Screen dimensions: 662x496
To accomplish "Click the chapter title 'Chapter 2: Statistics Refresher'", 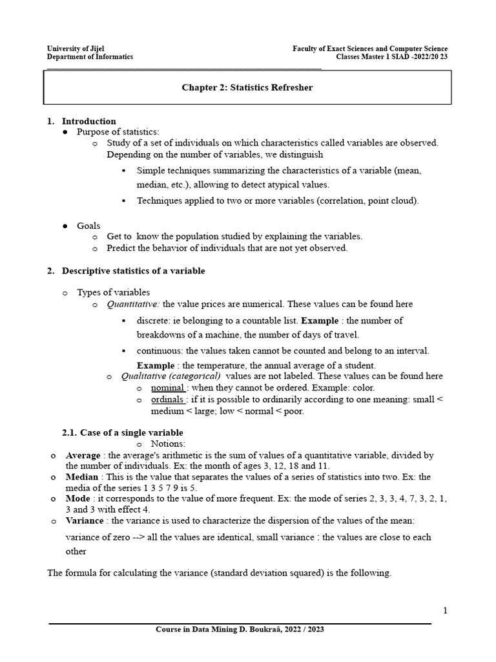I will (247, 87).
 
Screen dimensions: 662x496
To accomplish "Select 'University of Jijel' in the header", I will (76, 48).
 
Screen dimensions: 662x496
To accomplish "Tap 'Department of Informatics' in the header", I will (90, 57).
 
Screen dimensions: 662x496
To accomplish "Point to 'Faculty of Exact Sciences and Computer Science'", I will (370, 48).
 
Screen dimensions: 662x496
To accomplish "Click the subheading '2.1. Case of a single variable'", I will (122, 432).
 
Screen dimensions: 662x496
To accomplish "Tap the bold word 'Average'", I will (83, 456).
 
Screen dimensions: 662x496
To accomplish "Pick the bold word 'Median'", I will (82, 477).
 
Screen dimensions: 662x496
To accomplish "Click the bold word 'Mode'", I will (78, 499).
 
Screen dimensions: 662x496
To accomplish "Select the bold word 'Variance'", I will (85, 520).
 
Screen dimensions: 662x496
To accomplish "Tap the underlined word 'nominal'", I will (168, 388).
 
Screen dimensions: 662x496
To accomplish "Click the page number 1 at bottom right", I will (445, 610).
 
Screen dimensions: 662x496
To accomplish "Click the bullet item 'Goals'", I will (88, 226).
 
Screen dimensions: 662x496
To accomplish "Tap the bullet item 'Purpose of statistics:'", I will (113, 132).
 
